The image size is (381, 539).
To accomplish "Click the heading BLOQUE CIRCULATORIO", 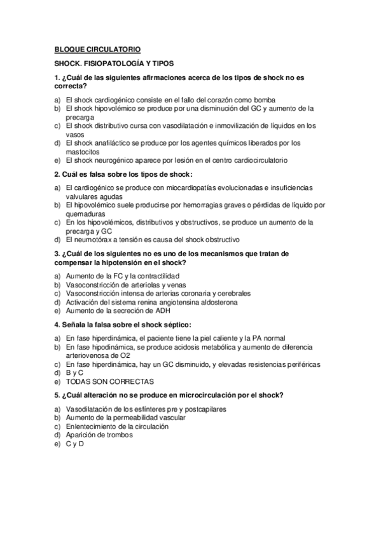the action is pos(97,50).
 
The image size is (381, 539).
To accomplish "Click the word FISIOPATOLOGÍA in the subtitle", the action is pos(111,64).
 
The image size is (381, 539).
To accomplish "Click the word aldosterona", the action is pos(218,303).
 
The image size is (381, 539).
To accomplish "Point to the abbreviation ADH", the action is pos(162,311).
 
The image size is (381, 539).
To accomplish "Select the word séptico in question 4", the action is pos(167,324).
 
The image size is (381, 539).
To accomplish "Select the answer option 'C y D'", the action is pos(74,444).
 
